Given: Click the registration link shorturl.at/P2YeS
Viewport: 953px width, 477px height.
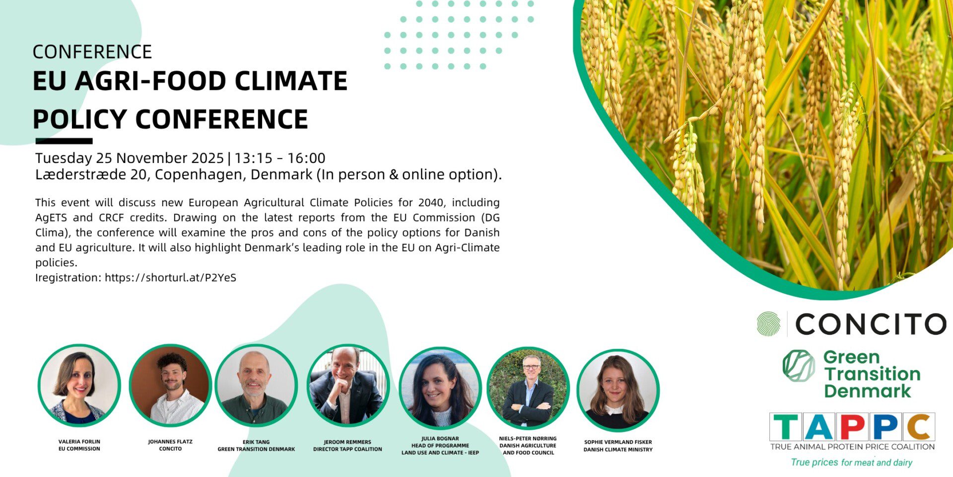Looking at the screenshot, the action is [x=170, y=278].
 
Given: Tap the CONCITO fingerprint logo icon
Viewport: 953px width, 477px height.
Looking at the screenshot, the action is [x=769, y=323].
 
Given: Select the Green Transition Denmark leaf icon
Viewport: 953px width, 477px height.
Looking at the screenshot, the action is [x=799, y=366].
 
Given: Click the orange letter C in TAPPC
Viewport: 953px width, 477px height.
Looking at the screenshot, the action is [x=919, y=427].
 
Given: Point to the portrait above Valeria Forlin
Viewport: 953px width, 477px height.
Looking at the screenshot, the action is [x=79, y=386].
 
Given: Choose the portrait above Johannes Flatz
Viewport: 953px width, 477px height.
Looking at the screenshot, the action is [x=170, y=386].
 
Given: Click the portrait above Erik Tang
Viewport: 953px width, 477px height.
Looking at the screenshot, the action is [x=256, y=386].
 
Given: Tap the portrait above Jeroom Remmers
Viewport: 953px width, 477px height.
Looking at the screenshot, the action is [x=347, y=386].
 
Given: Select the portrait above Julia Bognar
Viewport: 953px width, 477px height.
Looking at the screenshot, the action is [x=440, y=388].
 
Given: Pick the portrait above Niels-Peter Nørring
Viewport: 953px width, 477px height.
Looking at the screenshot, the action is [x=528, y=388].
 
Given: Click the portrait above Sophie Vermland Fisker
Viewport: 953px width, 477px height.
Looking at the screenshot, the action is [x=618, y=390].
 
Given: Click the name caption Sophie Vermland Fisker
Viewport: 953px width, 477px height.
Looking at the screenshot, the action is [x=618, y=442].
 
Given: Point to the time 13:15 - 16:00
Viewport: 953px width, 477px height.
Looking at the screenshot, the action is [x=280, y=158].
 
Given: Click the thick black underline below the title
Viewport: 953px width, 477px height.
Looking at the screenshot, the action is [x=64, y=141].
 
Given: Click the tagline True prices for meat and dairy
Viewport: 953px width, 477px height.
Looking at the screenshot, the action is [x=852, y=463].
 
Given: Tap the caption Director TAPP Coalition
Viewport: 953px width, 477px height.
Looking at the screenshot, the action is [x=347, y=449].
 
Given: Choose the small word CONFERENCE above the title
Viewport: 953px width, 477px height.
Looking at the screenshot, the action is [x=92, y=52].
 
